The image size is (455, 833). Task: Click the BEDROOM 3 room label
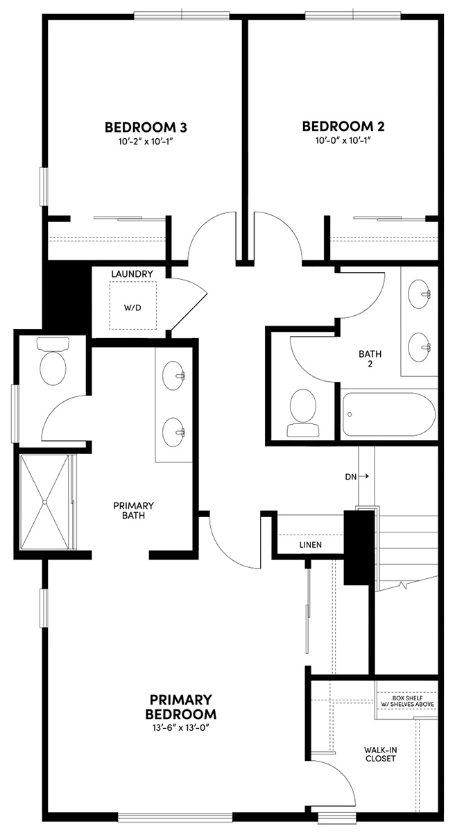point(146,127)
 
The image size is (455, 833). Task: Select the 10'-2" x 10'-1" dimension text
point(146,141)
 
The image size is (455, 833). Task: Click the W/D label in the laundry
point(132,307)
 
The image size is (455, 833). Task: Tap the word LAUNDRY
point(132,275)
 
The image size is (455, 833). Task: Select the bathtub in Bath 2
point(388,414)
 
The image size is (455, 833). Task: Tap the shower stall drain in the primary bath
point(44,500)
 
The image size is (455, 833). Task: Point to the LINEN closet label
point(310,545)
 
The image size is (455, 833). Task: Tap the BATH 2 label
point(370,359)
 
